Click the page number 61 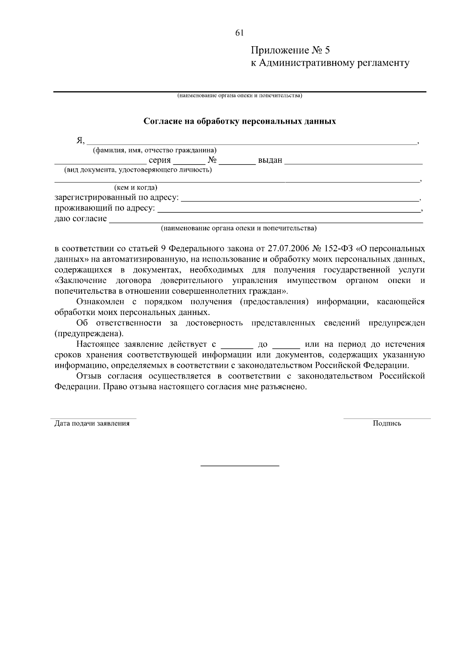coord(239,33)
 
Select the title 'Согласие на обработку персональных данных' coord(240,121)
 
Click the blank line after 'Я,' coord(252,142)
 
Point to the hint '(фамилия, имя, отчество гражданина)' coord(155,150)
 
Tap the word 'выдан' coord(270,160)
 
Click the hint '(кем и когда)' coord(136,187)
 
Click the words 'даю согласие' coord(81,219)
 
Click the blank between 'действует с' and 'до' coord(237,347)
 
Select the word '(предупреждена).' coord(89,334)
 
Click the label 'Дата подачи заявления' coord(92,423)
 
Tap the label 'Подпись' coord(387,423)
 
